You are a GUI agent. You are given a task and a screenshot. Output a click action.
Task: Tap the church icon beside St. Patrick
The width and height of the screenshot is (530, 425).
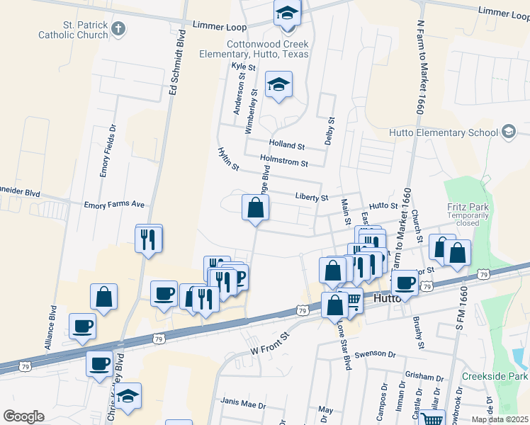coord(118,28)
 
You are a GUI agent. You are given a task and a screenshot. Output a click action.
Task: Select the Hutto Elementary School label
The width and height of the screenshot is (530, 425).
coord(444,132)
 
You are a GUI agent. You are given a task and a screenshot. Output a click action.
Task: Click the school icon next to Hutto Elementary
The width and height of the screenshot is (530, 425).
coord(508,132)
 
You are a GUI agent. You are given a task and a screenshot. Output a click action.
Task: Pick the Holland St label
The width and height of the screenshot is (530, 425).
coord(286,147)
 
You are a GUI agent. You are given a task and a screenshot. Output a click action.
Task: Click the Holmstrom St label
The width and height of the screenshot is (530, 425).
coord(283,163)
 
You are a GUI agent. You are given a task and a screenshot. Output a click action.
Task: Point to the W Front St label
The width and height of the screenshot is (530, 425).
coord(271,343)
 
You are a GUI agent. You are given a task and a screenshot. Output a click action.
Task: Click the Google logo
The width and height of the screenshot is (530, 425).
coord(23,416)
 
